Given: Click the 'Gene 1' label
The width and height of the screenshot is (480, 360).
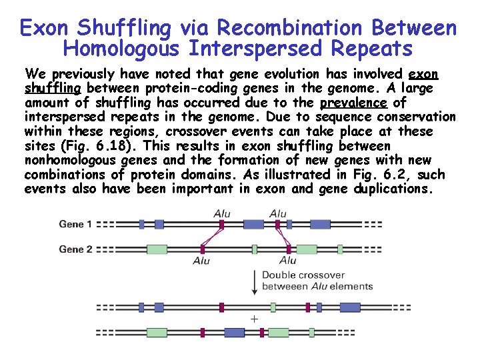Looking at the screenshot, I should click(x=75, y=224).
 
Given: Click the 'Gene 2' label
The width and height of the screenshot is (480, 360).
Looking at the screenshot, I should click(x=75, y=249).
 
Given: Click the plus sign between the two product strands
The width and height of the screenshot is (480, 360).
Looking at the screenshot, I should click(x=253, y=319).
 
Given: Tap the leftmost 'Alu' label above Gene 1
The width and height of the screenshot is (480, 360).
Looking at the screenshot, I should click(x=223, y=213).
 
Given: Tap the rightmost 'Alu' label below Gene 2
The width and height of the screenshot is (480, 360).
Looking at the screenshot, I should click(x=287, y=260).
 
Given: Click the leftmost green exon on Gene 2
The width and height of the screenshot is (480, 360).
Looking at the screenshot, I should click(x=157, y=249).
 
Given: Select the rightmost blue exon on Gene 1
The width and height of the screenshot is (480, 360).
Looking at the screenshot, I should click(x=320, y=225).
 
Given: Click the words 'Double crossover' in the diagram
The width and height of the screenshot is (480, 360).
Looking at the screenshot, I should click(x=303, y=275).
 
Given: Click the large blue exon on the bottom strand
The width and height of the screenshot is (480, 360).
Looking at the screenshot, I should click(x=235, y=332).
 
